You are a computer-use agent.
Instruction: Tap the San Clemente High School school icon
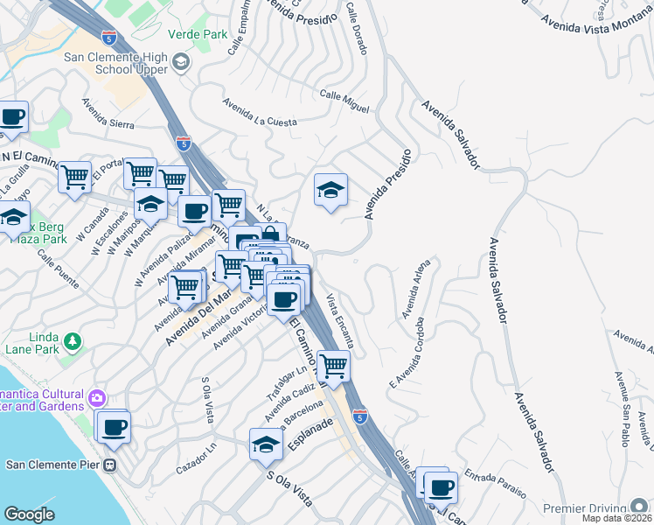[181, 62]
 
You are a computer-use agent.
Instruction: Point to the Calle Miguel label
[344, 100]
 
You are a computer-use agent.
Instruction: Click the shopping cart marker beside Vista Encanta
[333, 365]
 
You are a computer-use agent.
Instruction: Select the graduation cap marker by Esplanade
[266, 444]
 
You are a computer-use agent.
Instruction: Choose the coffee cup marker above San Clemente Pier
[114, 427]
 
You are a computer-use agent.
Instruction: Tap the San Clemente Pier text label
[52, 465]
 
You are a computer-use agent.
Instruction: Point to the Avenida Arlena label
[417, 289]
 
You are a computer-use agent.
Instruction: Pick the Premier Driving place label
[588, 508]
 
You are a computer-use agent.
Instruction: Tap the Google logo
[29, 514]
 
